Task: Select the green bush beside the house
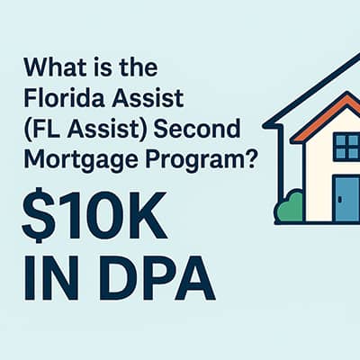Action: click(x=288, y=207)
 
